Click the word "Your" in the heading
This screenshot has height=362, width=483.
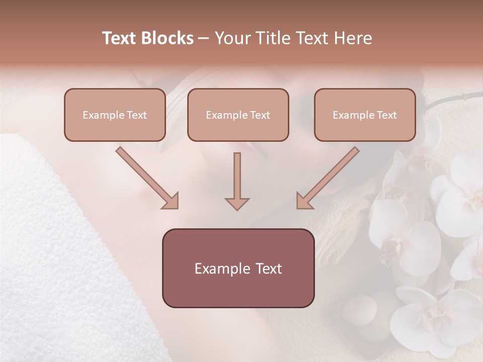231,38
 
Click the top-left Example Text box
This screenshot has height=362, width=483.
115,115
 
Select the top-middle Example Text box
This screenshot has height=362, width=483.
238,115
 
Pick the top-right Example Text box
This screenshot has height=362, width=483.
365,115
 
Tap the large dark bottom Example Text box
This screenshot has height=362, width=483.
238,268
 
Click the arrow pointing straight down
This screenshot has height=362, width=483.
237,181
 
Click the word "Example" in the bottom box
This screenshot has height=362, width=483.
218,268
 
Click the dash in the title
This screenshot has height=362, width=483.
204,38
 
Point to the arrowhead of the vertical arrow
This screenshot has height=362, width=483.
237,203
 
